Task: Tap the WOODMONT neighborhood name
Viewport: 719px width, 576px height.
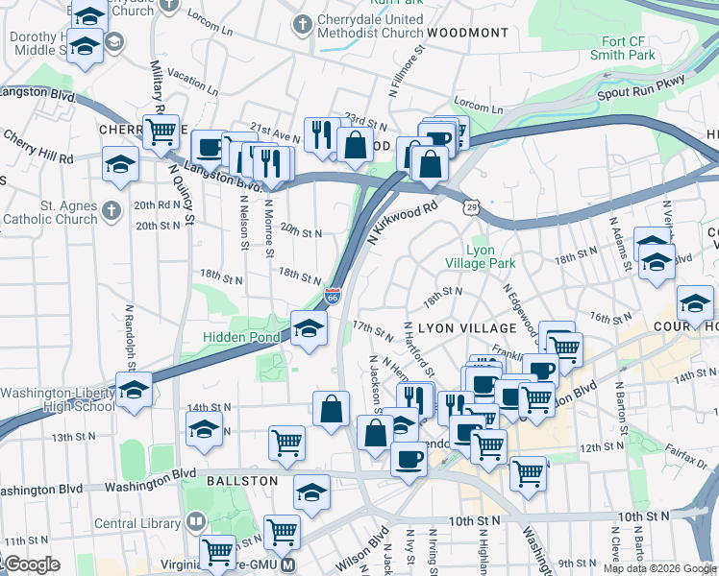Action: (468, 33)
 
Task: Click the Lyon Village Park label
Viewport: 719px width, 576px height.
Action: (480, 256)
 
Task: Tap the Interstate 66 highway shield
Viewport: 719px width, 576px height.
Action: (333, 297)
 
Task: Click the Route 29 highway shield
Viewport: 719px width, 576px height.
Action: (470, 206)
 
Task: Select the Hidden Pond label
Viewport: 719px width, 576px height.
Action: (240, 337)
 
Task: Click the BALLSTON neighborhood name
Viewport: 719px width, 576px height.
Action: (240, 480)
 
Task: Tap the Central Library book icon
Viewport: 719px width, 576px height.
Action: (196, 521)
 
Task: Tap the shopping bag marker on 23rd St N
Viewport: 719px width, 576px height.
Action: (356, 145)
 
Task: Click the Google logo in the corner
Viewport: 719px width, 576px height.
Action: (31, 564)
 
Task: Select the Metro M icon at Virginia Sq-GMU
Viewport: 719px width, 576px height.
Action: (287, 565)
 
